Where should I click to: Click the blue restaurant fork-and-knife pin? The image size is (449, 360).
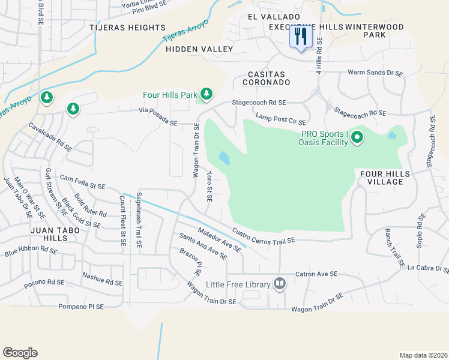301,37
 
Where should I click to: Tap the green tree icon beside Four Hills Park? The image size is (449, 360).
206,94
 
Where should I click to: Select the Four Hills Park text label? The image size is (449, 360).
170,95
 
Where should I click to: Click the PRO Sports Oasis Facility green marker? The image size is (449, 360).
357,138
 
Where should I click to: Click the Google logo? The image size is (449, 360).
20,353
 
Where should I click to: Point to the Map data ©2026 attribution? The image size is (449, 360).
423,355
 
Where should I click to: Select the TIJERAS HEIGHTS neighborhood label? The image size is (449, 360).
127,28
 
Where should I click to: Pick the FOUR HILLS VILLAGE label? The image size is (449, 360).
385,178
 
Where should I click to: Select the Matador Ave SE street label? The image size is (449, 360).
219,237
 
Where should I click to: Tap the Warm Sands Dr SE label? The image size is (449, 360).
375,73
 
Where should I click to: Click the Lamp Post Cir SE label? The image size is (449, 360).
281,119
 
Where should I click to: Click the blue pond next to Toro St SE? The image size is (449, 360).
224,158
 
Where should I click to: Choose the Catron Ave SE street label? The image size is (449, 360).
322,274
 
